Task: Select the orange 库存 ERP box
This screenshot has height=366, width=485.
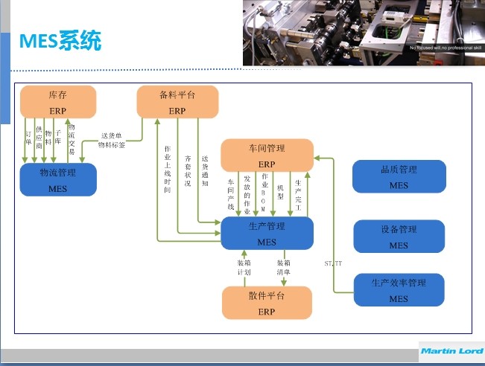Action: click(57, 102)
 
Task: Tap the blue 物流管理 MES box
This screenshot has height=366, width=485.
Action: click(57, 179)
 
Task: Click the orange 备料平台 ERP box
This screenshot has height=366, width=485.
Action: click(177, 102)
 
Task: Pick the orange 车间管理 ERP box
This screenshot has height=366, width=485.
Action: click(267, 155)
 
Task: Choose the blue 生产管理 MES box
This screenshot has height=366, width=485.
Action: click(267, 233)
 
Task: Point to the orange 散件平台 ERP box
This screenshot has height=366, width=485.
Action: click(267, 303)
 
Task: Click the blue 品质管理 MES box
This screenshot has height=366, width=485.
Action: click(399, 176)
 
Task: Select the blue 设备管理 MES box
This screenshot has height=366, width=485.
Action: click(399, 237)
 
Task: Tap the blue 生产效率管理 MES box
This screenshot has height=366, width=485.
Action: click(399, 290)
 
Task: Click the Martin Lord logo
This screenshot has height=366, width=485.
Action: click(451, 350)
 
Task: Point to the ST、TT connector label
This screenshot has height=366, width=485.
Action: click(333, 263)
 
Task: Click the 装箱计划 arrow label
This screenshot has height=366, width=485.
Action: click(244, 268)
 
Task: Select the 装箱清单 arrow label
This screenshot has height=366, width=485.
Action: click(283, 268)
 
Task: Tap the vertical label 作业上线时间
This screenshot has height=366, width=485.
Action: click(168, 170)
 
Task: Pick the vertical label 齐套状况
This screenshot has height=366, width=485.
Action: click(187, 170)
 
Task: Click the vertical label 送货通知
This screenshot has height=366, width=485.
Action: click(205, 170)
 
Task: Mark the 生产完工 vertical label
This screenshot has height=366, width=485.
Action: click(298, 193)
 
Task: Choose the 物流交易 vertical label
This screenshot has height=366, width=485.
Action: click(71, 139)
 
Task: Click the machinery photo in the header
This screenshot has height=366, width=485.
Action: click(363, 33)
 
